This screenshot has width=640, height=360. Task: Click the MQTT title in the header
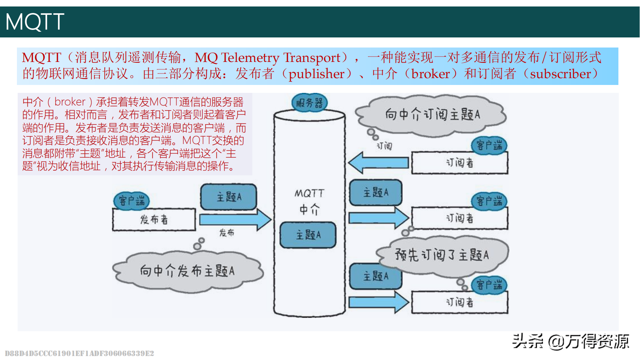pyautogui.click(x=35, y=22)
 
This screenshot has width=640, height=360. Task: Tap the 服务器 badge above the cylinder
pyautogui.click(x=309, y=103)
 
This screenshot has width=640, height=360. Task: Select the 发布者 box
pyautogui.click(x=154, y=219)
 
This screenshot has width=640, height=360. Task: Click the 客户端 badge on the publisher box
pyautogui.click(x=132, y=201)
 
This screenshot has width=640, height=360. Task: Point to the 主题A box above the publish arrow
pyautogui.click(x=229, y=197)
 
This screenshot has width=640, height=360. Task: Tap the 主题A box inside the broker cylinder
pyautogui.click(x=308, y=235)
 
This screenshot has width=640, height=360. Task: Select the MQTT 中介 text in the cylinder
pyautogui.click(x=309, y=201)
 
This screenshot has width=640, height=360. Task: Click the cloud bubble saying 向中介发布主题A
pyautogui.click(x=187, y=271)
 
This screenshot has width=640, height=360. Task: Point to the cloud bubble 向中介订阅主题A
pyautogui.click(x=432, y=114)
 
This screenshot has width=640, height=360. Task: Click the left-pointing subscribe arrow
pyautogui.click(x=378, y=163)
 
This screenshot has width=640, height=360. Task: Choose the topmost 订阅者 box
pyautogui.click(x=460, y=163)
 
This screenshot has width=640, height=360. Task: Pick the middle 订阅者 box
pyautogui.click(x=460, y=218)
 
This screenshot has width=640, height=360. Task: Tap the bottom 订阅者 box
pyautogui.click(x=460, y=302)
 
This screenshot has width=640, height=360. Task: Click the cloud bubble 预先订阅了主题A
pyautogui.click(x=442, y=255)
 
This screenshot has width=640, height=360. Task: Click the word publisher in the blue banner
pyautogui.click(x=316, y=74)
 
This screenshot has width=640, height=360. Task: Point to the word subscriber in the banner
pyautogui.click(x=560, y=74)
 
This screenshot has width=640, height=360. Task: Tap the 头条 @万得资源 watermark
pyautogui.click(x=571, y=341)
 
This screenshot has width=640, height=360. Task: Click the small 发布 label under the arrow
pyautogui.click(x=227, y=233)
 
